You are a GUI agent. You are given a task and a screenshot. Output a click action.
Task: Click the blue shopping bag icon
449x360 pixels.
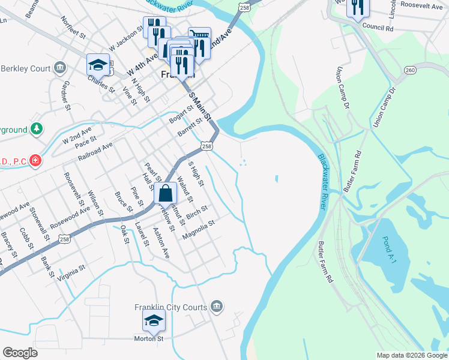point(165,194)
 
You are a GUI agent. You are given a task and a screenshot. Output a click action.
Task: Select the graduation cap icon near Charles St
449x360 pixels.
point(98,64)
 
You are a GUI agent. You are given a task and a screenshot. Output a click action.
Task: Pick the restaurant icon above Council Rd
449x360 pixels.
point(358,8)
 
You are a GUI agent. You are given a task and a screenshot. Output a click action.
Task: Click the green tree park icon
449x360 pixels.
point(37,129)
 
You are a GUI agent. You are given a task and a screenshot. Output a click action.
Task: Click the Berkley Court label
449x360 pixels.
point(25,68)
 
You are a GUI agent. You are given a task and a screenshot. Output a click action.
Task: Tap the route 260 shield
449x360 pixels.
point(410,70)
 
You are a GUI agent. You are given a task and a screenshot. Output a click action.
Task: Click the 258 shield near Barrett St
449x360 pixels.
point(206,146)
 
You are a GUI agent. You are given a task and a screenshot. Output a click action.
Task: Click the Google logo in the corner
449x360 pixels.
point(20,353)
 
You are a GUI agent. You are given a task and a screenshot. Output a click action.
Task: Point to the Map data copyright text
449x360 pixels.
point(411,355)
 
